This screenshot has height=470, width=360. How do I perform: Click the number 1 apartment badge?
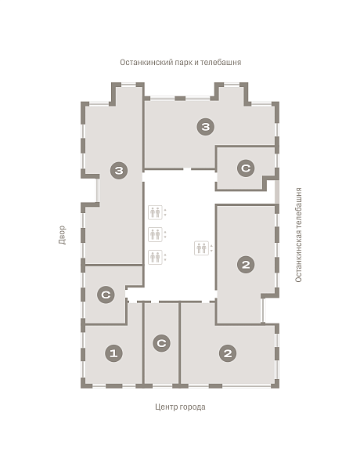pos(113,353)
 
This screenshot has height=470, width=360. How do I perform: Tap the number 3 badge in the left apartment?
pos(119,171)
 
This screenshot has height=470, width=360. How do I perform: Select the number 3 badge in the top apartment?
pos(206,126)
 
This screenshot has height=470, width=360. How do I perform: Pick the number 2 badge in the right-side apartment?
pos(246,265)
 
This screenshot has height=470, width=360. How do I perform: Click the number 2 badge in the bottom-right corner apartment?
pos(228,353)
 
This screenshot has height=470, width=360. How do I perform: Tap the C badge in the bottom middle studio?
pos(161,343)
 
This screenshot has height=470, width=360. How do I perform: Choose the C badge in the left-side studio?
pos(106,295)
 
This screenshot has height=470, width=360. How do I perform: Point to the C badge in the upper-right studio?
pos(246,168)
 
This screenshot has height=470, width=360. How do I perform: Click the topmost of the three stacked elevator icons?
pos(155,212)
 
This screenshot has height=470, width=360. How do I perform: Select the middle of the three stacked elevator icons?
pos(155,234)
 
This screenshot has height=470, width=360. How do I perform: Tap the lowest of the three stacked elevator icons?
pos(155,257)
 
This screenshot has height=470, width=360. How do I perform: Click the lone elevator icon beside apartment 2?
pos(201,248)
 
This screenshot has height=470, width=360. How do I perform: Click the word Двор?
pos(62,235)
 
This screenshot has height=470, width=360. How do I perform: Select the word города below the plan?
pos(193,407)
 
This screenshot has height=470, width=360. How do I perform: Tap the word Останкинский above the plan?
pos(147,63)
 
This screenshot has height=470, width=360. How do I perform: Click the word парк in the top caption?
pos(184,63)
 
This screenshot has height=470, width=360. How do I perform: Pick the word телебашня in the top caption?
pos(221,63)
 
